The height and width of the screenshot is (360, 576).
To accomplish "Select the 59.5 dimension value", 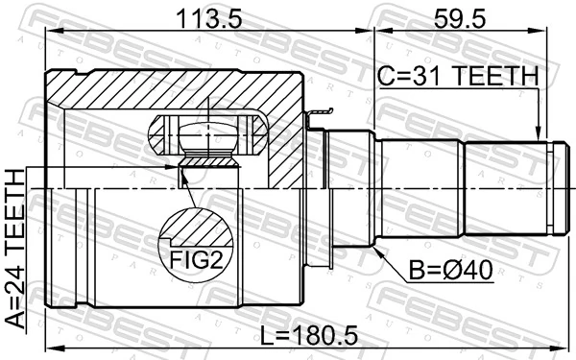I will click(x=469, y=17).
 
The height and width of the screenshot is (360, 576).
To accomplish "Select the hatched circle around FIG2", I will click(x=199, y=240).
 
